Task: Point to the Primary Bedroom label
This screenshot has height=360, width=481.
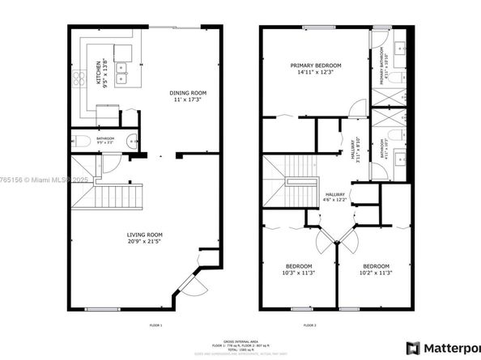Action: (316, 66)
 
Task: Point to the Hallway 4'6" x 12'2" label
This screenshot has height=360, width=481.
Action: (338, 198)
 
